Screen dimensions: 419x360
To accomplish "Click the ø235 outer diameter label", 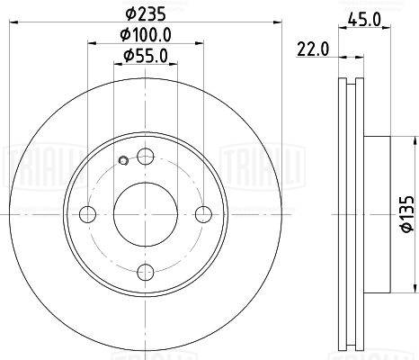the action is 146,14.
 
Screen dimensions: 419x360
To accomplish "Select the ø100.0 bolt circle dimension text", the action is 146,35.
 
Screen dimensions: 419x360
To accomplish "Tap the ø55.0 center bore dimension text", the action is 146,56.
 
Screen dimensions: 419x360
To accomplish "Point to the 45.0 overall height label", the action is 364,20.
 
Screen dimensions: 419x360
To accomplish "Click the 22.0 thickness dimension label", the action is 313,49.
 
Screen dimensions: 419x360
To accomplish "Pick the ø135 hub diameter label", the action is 407,214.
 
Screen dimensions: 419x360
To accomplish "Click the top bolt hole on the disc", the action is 146,156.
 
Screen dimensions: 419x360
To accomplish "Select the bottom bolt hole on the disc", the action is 146,273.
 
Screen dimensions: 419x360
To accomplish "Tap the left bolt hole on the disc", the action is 87,214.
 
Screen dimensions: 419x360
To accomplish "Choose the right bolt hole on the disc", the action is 203,214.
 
